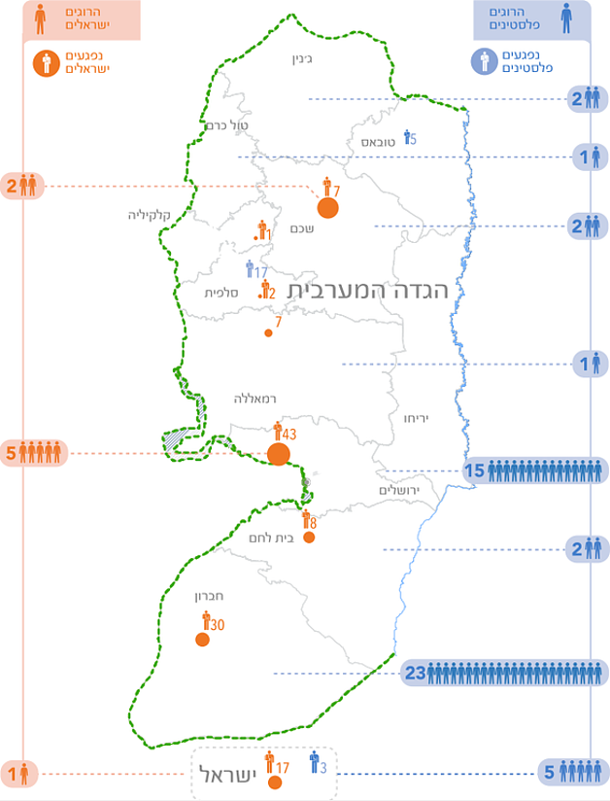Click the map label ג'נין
(x=305, y=58)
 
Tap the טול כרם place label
(x=228, y=125)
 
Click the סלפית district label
(x=221, y=293)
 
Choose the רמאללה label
(x=255, y=399)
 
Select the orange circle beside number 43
(x=280, y=454)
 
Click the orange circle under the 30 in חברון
(x=202, y=640)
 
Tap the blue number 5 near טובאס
(x=413, y=139)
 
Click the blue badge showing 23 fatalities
(x=504, y=673)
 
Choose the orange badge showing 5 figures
(x=35, y=453)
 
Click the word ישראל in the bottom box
(x=231, y=774)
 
